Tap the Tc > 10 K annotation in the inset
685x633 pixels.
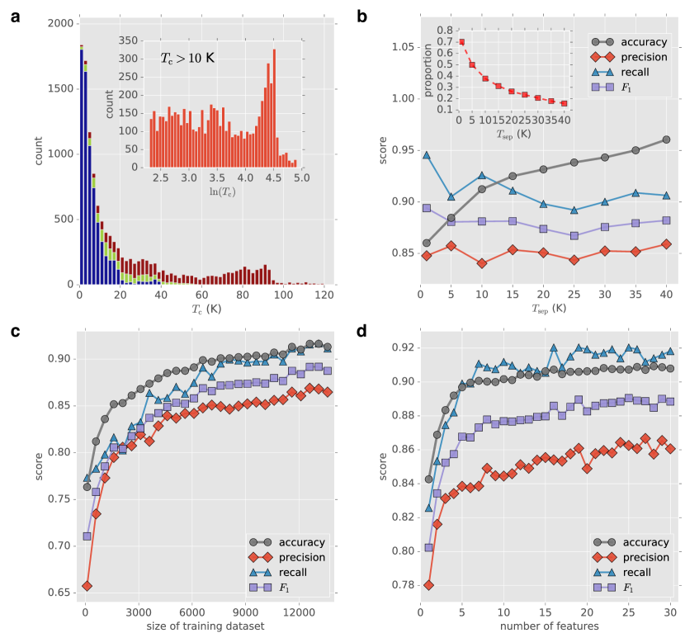[187, 58]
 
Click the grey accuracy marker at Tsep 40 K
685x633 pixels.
[666, 139]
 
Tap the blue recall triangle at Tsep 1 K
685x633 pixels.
[426, 154]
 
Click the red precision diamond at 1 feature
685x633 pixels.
[428, 585]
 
